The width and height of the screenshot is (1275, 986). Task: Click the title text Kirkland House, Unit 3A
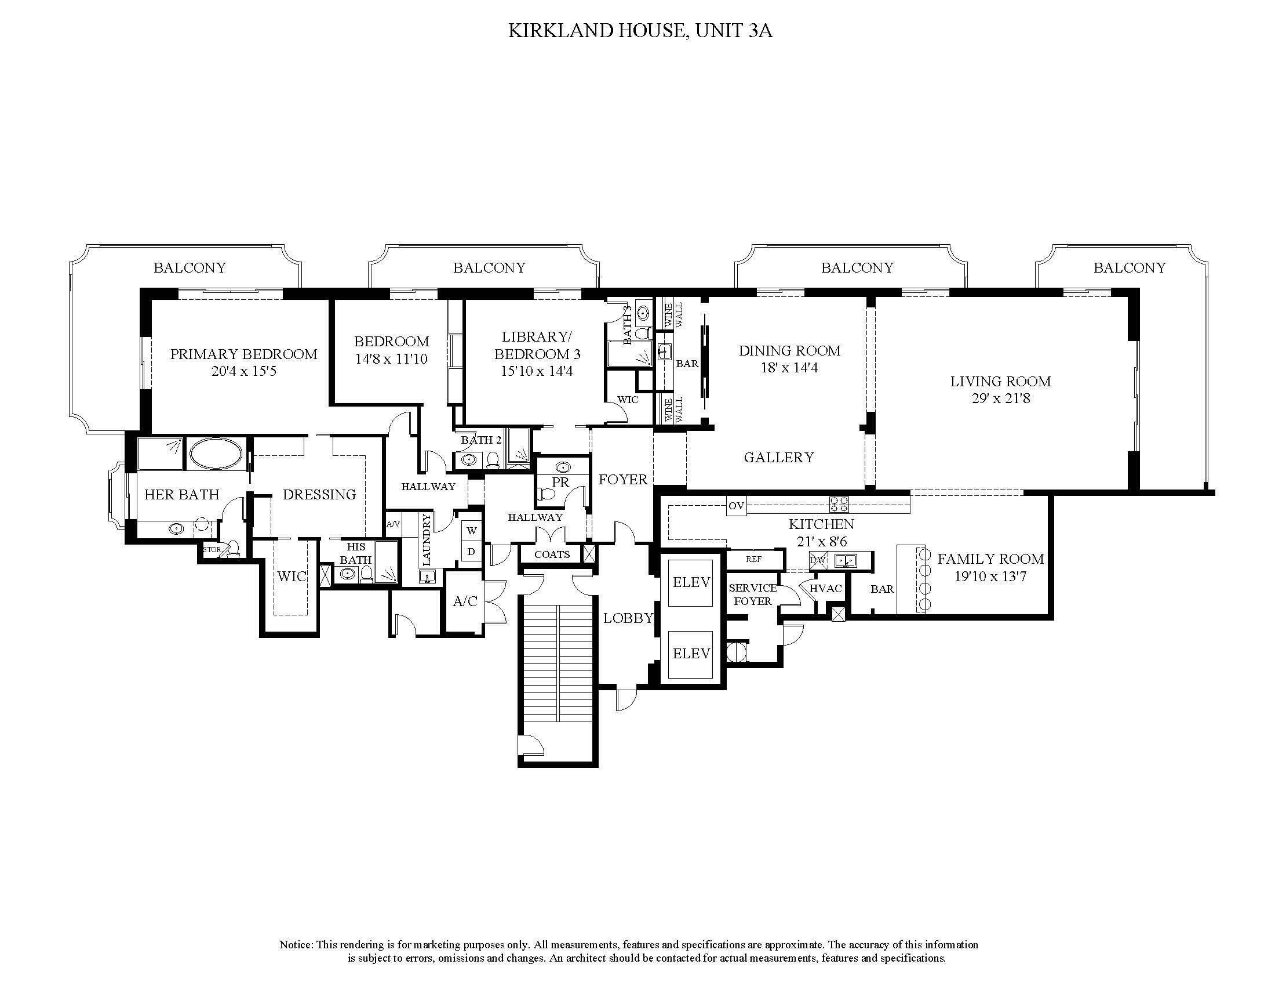click(640, 31)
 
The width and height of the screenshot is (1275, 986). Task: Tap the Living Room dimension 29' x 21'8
click(1000, 398)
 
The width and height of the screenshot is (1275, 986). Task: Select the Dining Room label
click(789, 350)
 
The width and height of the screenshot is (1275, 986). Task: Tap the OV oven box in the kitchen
click(736, 505)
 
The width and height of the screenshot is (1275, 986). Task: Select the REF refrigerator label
click(753, 559)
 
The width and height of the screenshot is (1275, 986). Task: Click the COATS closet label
click(552, 554)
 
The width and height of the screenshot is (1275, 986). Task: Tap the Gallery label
click(779, 458)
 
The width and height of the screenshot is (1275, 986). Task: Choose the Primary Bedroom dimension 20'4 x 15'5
click(243, 371)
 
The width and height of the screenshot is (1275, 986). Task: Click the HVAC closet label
click(825, 588)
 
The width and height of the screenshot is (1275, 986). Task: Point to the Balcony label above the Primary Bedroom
click(190, 267)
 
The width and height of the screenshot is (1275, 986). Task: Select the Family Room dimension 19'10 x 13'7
click(990, 576)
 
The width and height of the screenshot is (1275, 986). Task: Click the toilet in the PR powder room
click(547, 494)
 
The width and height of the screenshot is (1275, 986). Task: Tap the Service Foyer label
click(752, 594)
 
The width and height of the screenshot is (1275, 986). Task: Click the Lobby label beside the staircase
click(628, 618)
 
